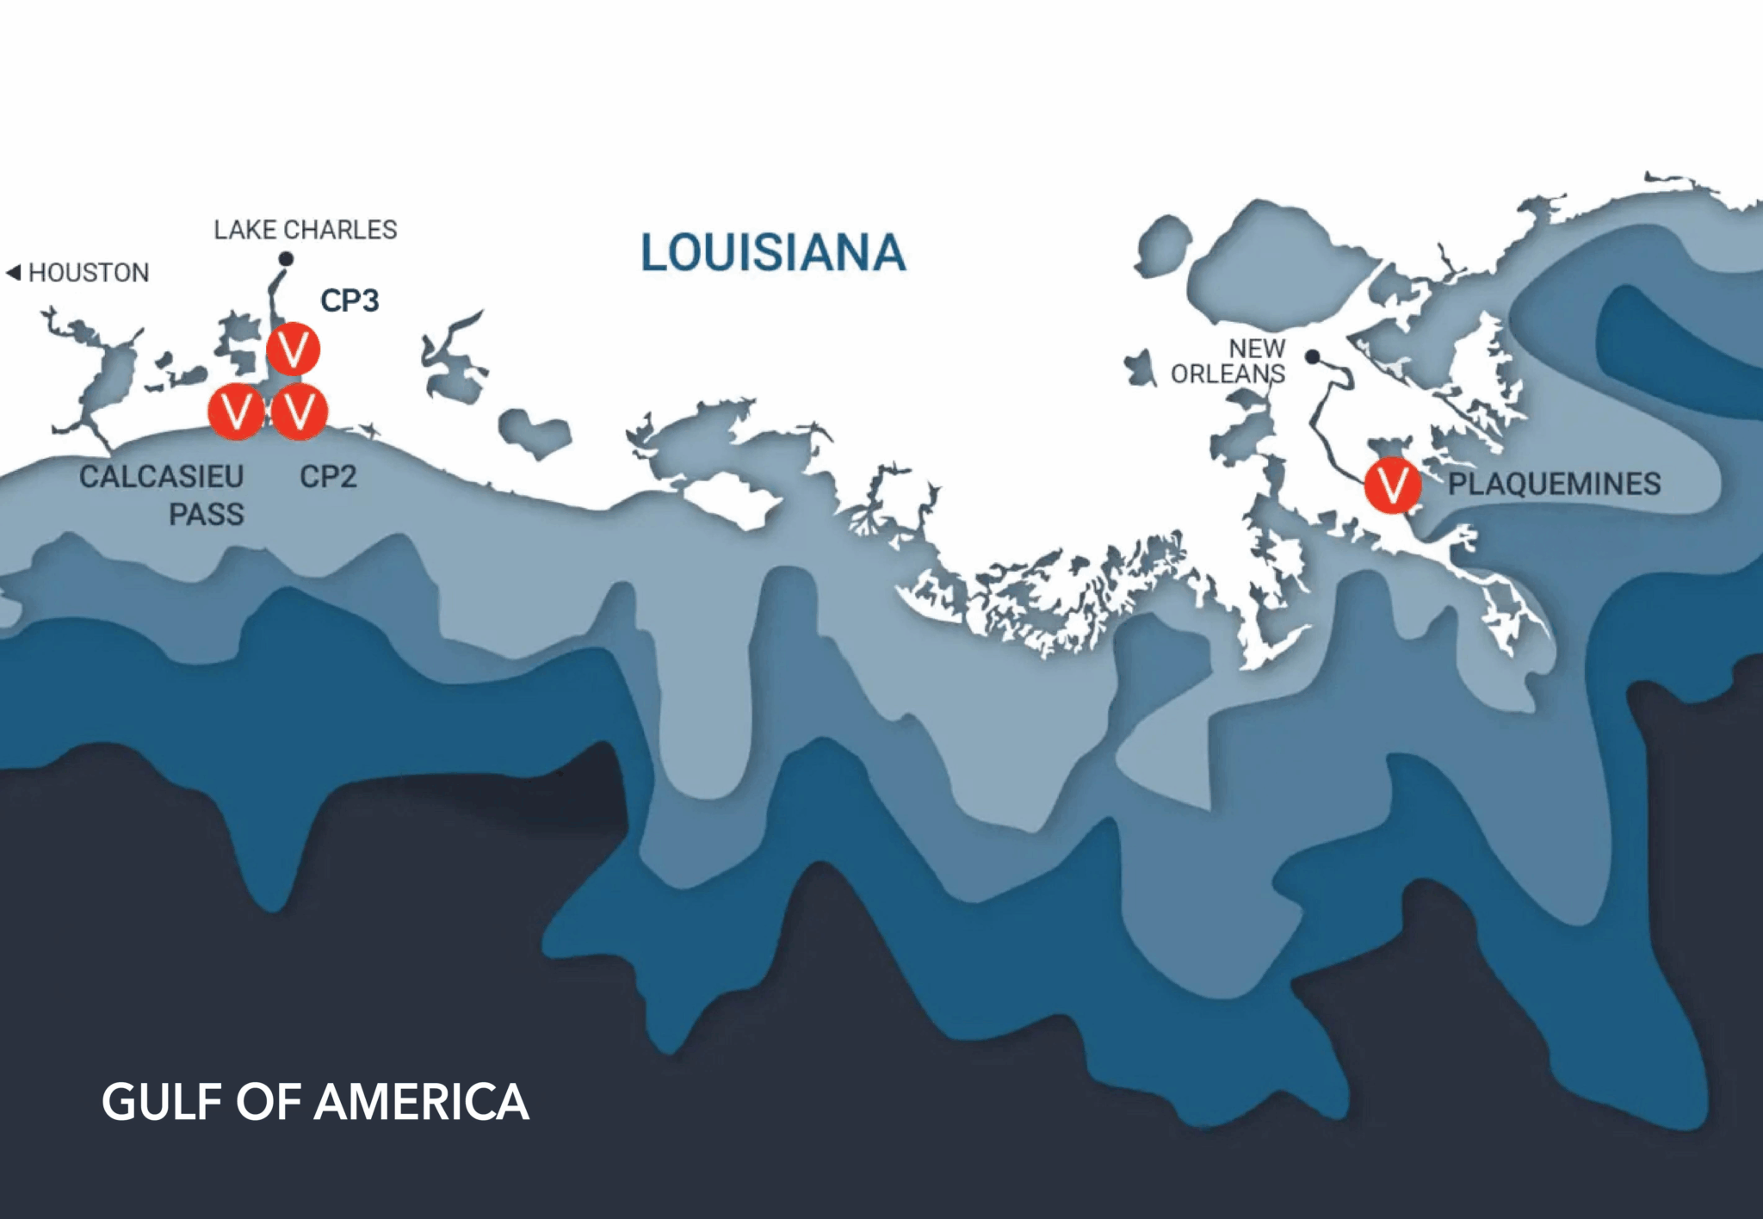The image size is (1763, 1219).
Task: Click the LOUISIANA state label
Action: point(772,253)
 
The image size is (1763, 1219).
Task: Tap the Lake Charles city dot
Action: point(286,258)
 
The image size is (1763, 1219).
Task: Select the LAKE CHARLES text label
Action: point(306,230)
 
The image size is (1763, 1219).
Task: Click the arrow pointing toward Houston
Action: point(13,273)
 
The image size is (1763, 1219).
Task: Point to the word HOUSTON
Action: point(89,273)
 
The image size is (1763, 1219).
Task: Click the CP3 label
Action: point(350,300)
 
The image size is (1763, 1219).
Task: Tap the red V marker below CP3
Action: point(293,349)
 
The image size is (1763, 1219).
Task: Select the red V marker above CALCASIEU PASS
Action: point(236,412)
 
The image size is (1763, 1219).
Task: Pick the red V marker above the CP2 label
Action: point(299,412)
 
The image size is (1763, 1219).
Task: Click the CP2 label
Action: point(328,476)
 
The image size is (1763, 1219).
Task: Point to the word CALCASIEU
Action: point(161,476)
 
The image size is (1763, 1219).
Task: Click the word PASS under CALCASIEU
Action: point(207,514)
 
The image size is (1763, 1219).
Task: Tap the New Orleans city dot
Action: point(1312,356)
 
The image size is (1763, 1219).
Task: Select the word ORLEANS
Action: point(1228,374)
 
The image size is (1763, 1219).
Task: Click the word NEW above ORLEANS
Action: point(1257,349)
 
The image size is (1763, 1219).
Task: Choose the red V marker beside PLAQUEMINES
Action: point(1392,486)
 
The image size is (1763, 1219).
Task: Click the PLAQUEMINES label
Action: point(1554,484)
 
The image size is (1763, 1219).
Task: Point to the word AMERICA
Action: point(421,1102)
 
